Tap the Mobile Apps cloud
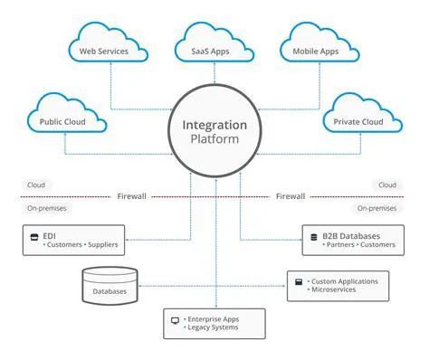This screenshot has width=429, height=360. tap(317, 51)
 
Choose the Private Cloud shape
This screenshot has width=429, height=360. tap(359, 120)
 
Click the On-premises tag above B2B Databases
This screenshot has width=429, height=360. tap(377, 208)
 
